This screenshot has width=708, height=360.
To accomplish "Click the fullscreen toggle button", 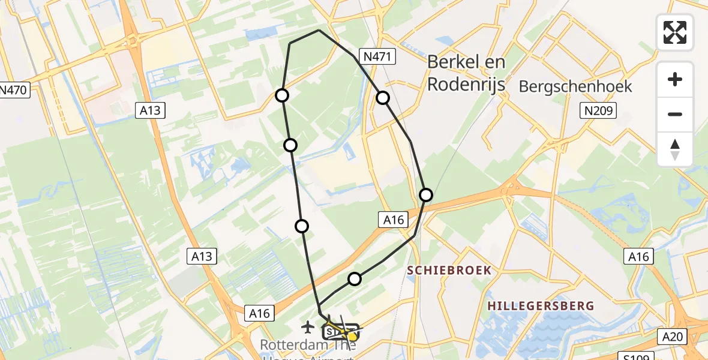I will pos(675,32).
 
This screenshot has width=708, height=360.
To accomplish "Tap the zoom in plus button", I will pos(675,79).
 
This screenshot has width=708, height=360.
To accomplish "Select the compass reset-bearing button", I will pos(675,149).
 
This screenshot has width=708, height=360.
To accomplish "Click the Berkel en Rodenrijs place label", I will pos(466,73).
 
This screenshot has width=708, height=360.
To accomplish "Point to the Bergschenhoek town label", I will pos(575,86).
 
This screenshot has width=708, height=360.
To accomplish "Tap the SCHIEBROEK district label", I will pos(449,271).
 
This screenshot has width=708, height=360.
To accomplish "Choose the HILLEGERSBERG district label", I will pos(541,306).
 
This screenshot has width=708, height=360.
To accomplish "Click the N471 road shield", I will pos(376,57).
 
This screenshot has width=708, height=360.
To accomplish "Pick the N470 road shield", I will pos(13,91).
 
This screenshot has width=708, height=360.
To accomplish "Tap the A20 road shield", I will pos(674,337).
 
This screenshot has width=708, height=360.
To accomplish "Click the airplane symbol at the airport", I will pos(308,327).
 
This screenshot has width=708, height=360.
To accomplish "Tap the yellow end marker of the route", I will pos(352,337).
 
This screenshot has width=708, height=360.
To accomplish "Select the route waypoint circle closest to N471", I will pos(383,98).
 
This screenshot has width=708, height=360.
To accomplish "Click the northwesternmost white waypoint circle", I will pos(281,95).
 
